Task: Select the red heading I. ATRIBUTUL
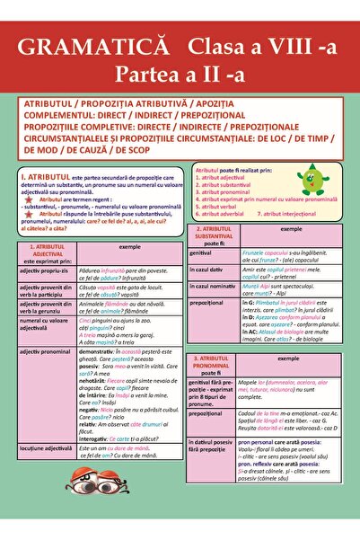(x=50, y=178)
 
